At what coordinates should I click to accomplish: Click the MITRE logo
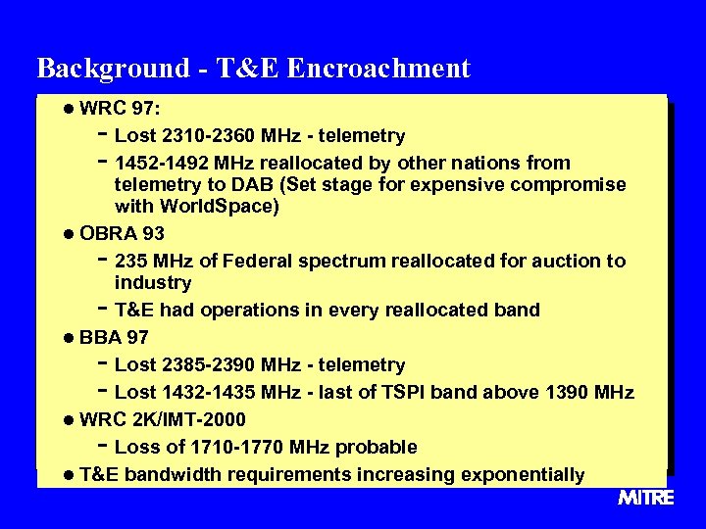click(645, 498)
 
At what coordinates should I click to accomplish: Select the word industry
click(153, 283)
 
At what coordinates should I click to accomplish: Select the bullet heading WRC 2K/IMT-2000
click(162, 419)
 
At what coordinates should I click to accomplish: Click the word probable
click(377, 448)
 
